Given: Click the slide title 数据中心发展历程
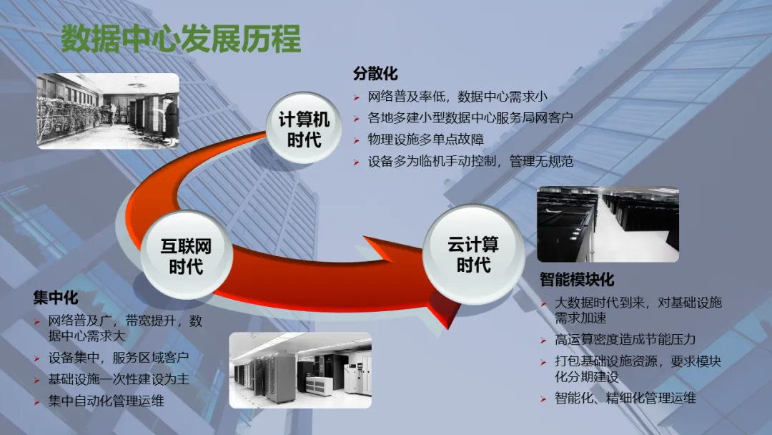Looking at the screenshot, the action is tap(180, 39).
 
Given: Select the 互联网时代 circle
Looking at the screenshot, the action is tap(186, 256).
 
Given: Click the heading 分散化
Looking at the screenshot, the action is tap(375, 74).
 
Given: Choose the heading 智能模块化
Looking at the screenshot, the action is tap(577, 279).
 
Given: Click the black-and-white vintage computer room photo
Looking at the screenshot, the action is tap(108, 110).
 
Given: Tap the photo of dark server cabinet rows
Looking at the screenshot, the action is tap(608, 224).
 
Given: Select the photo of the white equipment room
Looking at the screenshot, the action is tap(300, 369).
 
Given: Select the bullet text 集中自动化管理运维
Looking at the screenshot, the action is tap(106, 401).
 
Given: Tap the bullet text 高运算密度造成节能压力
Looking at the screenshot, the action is tap(625, 339).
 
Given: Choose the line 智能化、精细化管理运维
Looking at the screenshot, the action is tap(625, 398).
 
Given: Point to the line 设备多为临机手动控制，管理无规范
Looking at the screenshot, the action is tap(470, 162).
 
